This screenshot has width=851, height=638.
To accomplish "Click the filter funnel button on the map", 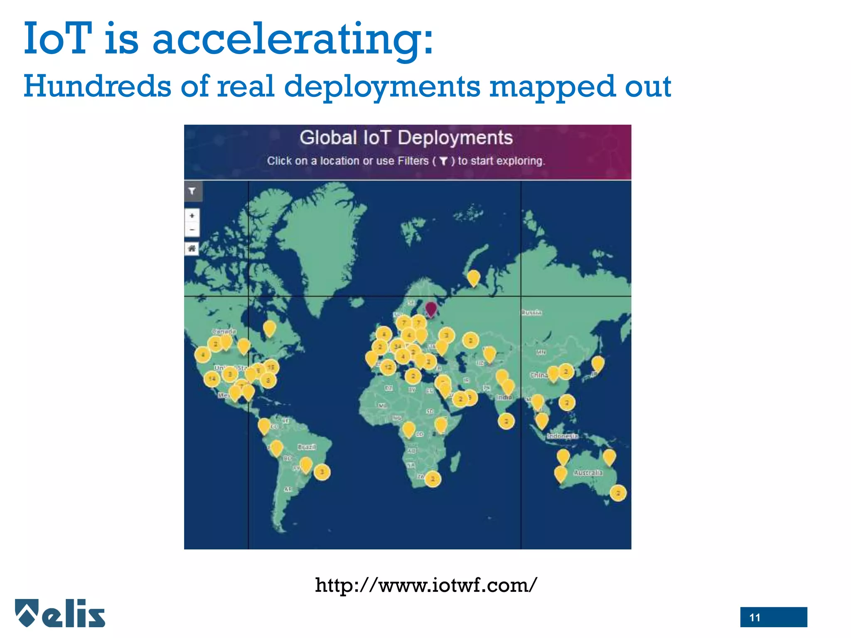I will (x=192, y=191).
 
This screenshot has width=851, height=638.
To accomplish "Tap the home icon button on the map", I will (x=192, y=248).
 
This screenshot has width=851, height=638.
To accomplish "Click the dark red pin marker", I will (x=431, y=309).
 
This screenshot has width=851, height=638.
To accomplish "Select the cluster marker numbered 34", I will (x=398, y=346).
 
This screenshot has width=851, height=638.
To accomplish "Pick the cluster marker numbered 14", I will (x=212, y=378).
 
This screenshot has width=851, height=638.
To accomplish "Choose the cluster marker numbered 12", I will (x=388, y=367).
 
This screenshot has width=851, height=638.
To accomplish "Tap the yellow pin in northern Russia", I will (x=473, y=277).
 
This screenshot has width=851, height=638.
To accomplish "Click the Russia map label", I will (x=531, y=312).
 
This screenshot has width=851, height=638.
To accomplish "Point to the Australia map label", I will (x=588, y=473).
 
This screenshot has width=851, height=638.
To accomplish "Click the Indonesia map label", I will (x=562, y=436).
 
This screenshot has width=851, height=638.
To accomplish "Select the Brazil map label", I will (x=307, y=447).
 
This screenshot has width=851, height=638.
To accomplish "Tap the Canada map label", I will (x=224, y=331).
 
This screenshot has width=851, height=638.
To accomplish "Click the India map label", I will (x=504, y=397).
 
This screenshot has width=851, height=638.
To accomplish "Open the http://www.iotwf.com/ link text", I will (x=425, y=585).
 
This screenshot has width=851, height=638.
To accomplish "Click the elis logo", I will (x=61, y=613).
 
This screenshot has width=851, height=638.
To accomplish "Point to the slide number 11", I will (x=755, y=617).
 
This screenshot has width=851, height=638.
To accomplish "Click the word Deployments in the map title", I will (x=455, y=138).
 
